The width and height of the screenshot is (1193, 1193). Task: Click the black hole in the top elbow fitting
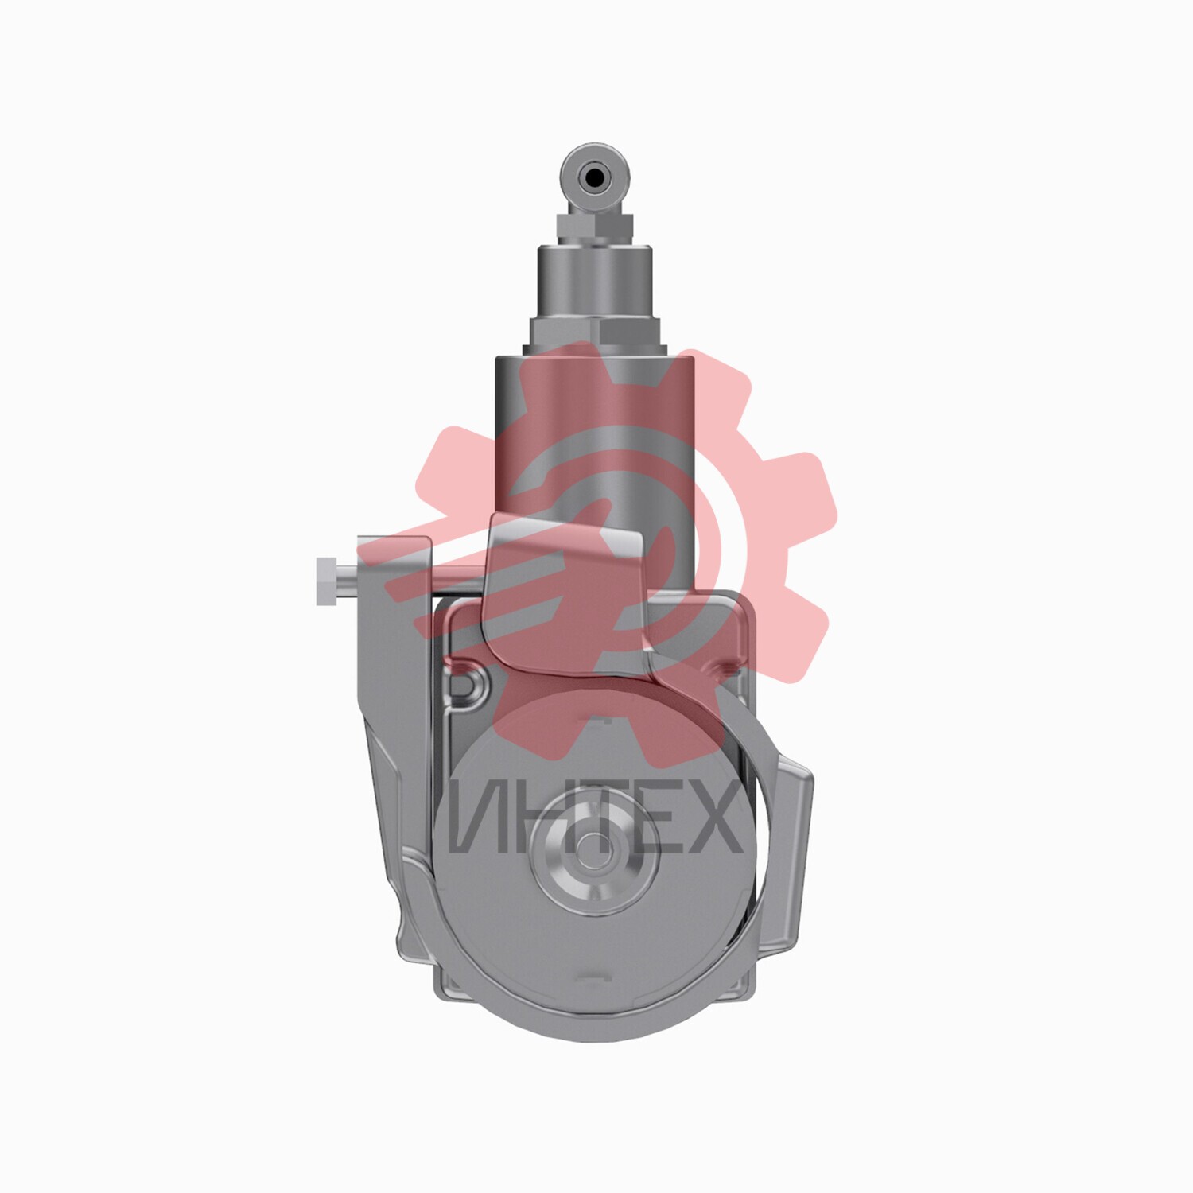point(593,177)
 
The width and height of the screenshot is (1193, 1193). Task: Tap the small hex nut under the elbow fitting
point(596,228)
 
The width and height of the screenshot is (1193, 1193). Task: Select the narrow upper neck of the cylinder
point(595,282)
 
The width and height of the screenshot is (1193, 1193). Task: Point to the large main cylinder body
point(595,469)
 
